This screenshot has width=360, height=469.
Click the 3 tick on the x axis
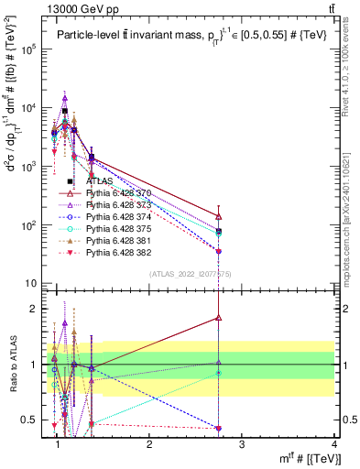tap(241, 444)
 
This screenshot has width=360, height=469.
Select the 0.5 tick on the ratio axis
tap(32, 420)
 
